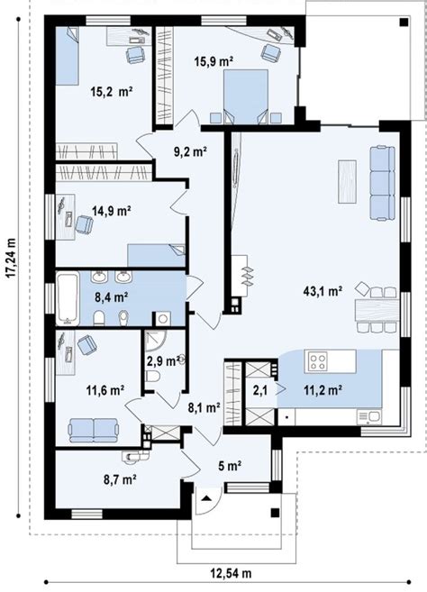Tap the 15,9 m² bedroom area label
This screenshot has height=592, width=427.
coord(213,61)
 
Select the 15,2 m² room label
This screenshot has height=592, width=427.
coord(112,91)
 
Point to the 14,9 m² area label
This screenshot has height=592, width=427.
coord(112,211)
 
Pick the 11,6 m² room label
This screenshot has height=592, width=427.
coord(104,390)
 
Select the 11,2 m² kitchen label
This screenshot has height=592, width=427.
coord(322,390)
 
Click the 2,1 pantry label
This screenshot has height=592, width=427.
coord(259,390)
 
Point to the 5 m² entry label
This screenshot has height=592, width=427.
coord(231,466)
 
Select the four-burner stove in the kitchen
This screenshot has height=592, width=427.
coord(318,361)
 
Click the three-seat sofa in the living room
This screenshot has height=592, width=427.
coord(382,184)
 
